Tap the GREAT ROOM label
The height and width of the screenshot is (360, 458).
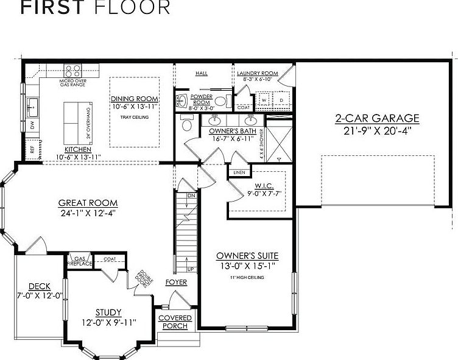[x=88, y=203]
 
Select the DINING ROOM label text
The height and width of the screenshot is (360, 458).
[x=135, y=99]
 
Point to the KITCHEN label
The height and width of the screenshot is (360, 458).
[x=78, y=149]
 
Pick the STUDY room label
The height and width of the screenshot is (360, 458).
[x=108, y=312]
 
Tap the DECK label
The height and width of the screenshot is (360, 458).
[x=39, y=286]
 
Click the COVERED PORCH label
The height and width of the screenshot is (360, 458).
[x=175, y=322]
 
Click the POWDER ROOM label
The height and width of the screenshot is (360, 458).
[x=201, y=99]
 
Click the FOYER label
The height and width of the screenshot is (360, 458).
[x=176, y=282]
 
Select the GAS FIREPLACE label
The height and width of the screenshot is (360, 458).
[x=80, y=260]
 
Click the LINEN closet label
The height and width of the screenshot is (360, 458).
[x=239, y=172]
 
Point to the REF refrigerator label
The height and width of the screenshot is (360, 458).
[x=32, y=148]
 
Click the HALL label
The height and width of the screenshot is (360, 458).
[x=202, y=73]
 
